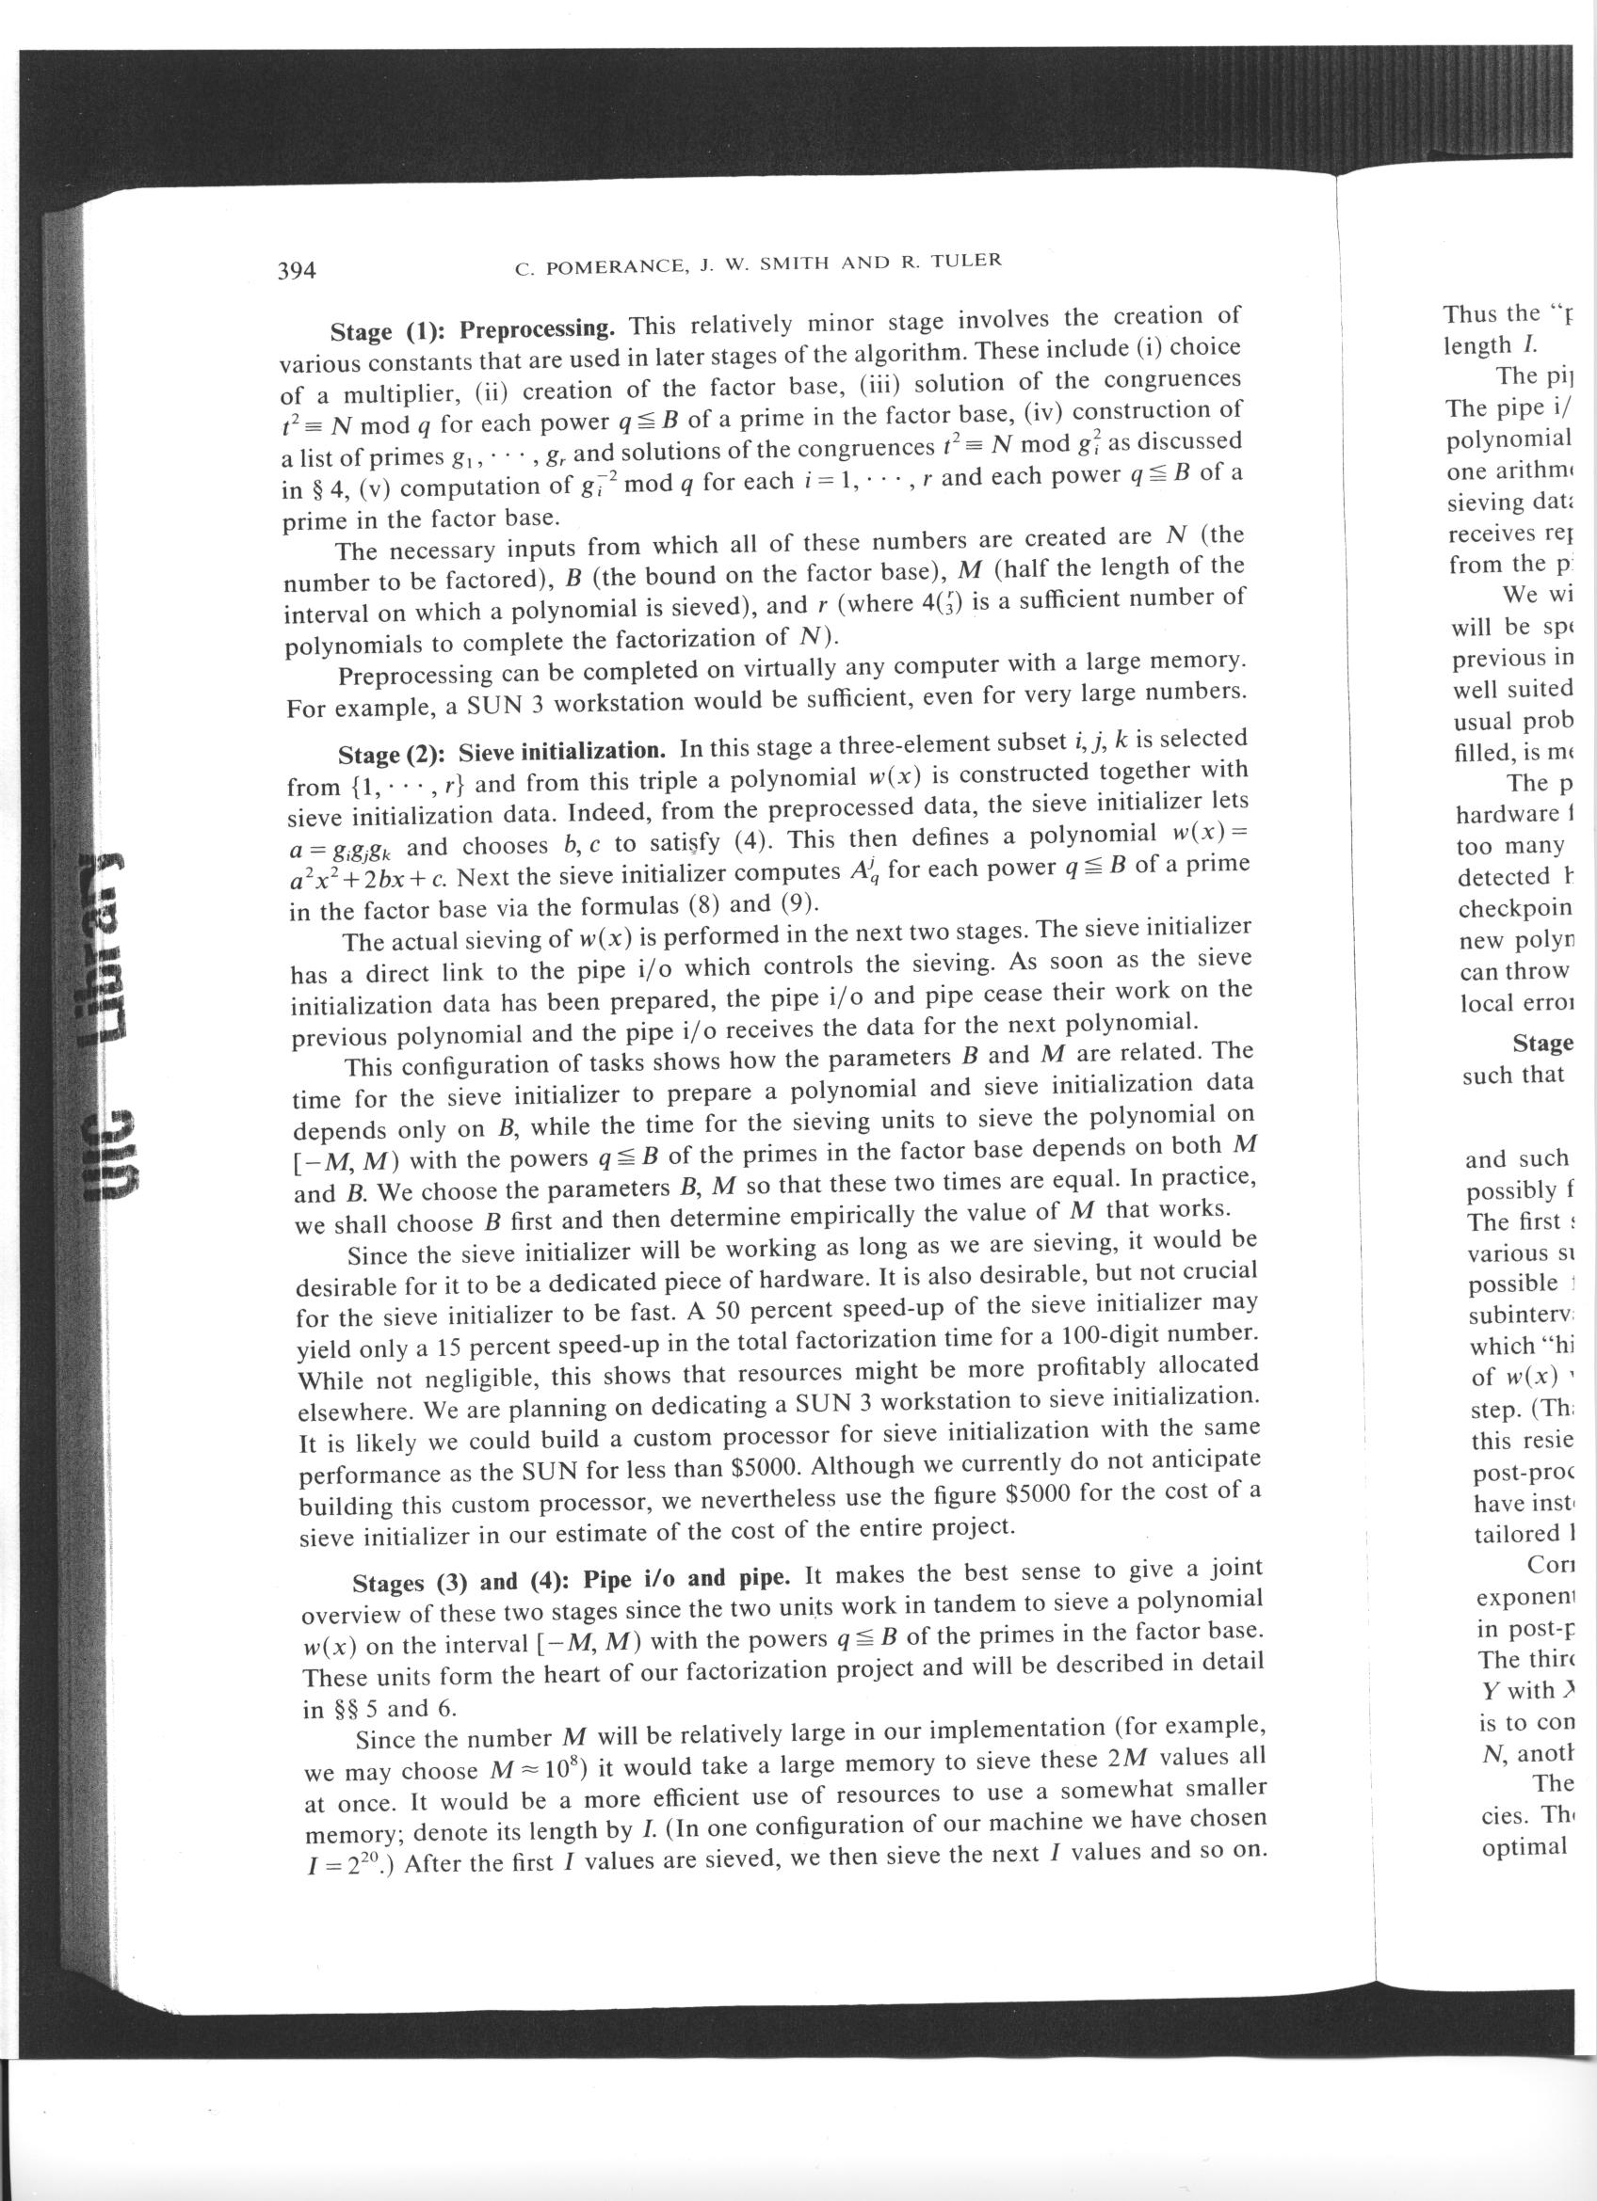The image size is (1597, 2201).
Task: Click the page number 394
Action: point(297,270)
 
